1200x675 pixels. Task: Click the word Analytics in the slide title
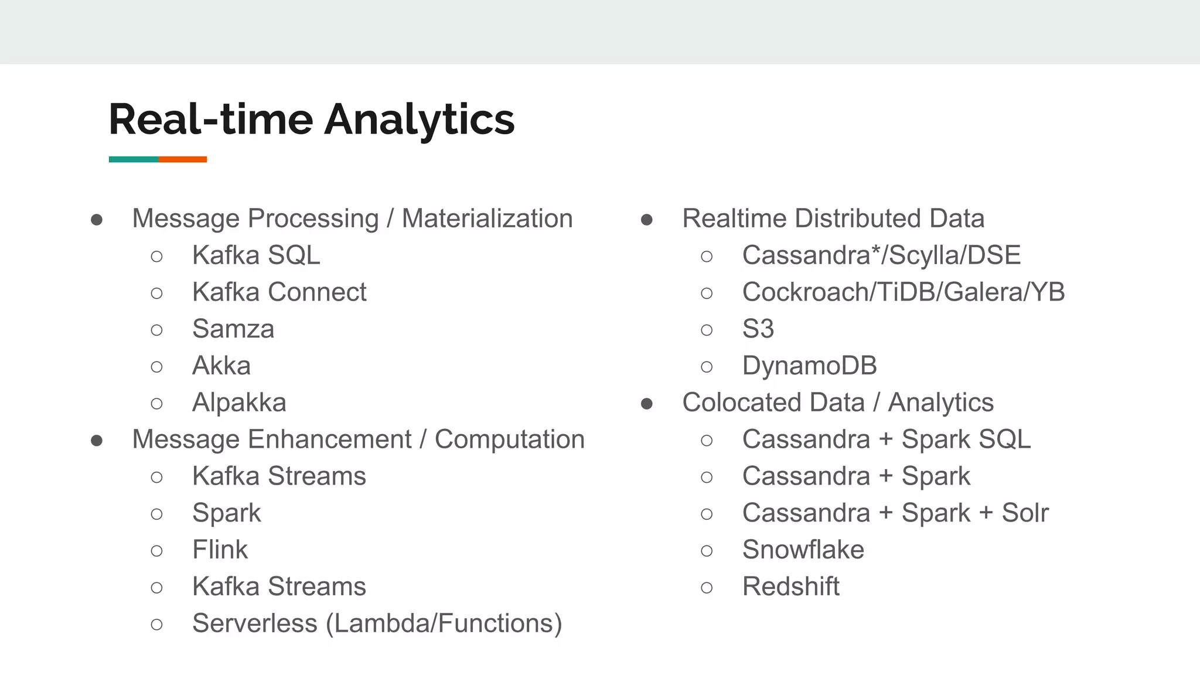[x=419, y=120]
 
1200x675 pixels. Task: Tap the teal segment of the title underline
[x=133, y=159]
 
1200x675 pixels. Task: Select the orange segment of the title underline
[x=182, y=159]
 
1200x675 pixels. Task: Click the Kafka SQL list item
[x=256, y=255]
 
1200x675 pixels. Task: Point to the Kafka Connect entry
[x=279, y=292]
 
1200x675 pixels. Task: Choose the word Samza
[x=233, y=329]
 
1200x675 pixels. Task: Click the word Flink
[x=220, y=550]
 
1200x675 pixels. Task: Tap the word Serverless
[x=254, y=623]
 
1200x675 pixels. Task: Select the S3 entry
[x=758, y=329]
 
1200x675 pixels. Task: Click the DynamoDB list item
[x=809, y=366]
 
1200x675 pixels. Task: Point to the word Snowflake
[x=803, y=550]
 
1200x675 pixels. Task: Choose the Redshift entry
[x=790, y=587]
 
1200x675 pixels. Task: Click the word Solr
[x=1025, y=513]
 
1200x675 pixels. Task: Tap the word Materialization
[x=487, y=219]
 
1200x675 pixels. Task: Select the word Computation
[x=509, y=440]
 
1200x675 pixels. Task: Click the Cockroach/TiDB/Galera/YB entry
[x=903, y=292]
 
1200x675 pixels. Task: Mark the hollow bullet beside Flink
[x=156, y=551]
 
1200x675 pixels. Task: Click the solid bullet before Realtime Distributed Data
[x=647, y=220]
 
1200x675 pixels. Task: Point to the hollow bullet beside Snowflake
[x=707, y=551]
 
